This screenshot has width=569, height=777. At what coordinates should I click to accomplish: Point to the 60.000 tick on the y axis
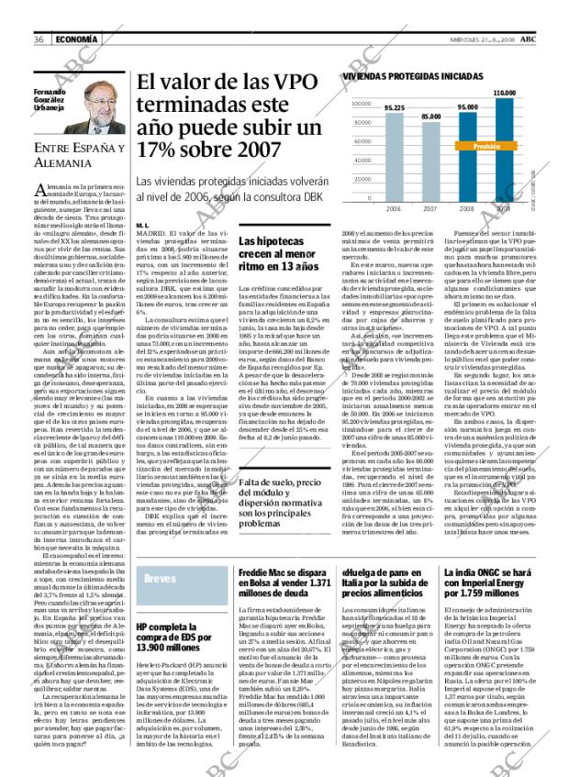pos(363,141)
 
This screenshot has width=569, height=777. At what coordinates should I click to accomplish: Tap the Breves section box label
pos(161,580)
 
